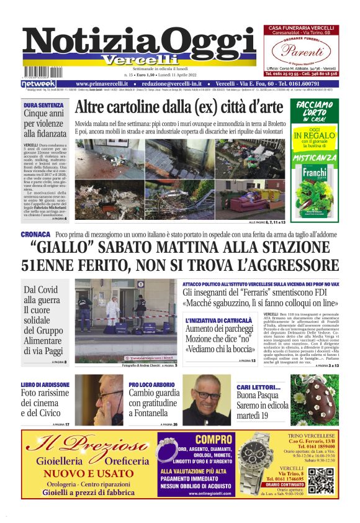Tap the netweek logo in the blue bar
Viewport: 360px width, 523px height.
[x=38, y=83]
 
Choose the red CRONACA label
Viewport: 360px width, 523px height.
[x=35, y=235]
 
